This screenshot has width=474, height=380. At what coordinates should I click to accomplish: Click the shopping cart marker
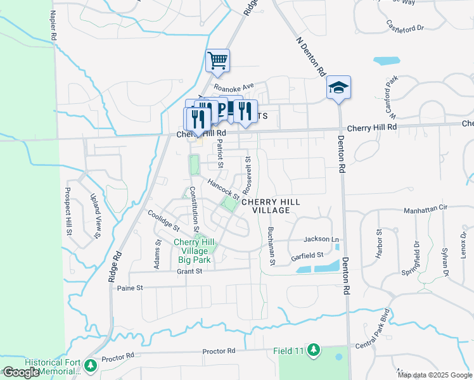pyautogui.click(x=217, y=61)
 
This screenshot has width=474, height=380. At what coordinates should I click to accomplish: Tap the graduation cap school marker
pyautogui.click(x=338, y=87)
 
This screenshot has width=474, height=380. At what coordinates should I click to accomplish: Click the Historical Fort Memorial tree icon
pyautogui.click(x=91, y=365)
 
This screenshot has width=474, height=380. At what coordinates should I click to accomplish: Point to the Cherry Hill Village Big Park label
pyautogui.click(x=194, y=251)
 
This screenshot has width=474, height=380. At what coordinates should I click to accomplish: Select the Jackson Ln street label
pyautogui.click(x=321, y=239)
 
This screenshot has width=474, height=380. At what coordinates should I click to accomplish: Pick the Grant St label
pyautogui.click(x=189, y=271)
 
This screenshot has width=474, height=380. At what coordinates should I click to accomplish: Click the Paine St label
pyautogui.click(x=131, y=288)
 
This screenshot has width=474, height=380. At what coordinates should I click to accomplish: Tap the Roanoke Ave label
pyautogui.click(x=233, y=87)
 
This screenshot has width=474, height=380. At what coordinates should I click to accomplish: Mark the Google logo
pyautogui.click(x=21, y=372)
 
